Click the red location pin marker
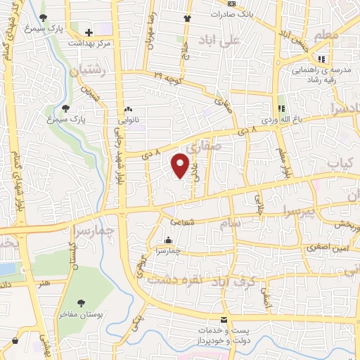pyautogui.click(x=180, y=165)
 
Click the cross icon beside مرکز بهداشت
pyautogui.click(x=89, y=32)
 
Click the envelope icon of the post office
pyautogui.click(x=224, y=319)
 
